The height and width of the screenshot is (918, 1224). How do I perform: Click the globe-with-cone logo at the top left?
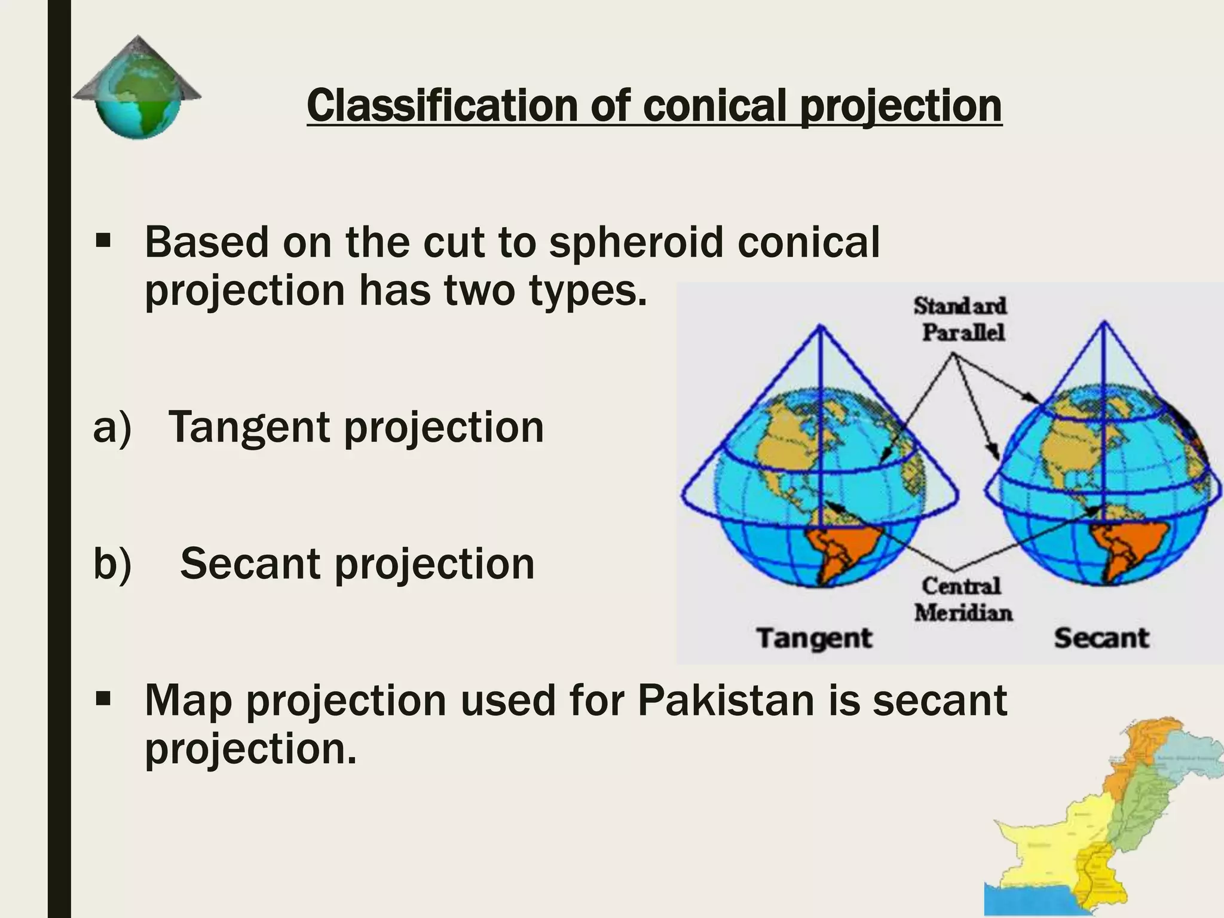[137, 87]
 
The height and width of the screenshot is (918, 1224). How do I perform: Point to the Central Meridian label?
[962, 599]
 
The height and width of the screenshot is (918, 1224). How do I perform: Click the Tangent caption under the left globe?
[814, 638]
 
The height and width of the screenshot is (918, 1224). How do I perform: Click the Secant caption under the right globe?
[1101, 638]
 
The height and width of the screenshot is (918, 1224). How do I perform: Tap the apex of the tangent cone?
[821, 326]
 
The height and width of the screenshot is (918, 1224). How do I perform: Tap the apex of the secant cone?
[1104, 323]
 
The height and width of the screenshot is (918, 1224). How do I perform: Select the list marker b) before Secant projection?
[112, 564]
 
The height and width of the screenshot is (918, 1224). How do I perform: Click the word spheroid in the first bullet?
[636, 243]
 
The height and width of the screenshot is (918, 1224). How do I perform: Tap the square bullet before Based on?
[103, 241]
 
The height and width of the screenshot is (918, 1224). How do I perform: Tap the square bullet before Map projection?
[103, 697]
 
